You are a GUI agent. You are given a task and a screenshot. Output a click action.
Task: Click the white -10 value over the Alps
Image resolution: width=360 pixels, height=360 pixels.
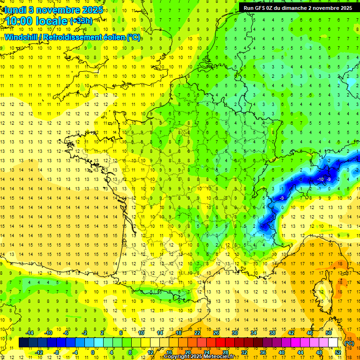tap(321, 180)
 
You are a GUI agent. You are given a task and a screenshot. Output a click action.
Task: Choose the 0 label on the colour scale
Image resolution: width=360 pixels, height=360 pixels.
tap(93, 352)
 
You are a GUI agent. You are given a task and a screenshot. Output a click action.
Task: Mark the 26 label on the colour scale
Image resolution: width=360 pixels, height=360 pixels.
tap(216, 332)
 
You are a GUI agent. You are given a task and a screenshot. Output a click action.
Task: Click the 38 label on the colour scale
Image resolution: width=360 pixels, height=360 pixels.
tap(272, 332)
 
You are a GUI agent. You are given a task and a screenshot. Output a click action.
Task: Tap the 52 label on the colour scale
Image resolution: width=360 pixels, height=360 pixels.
tap(337, 352)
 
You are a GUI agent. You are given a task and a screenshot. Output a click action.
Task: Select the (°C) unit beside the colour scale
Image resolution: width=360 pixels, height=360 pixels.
tap(349, 343)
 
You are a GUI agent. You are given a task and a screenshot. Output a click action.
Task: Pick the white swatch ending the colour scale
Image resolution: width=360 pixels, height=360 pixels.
tap(333, 343)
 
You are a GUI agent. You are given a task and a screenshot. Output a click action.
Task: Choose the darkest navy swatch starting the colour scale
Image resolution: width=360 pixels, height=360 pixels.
tap(23, 343)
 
